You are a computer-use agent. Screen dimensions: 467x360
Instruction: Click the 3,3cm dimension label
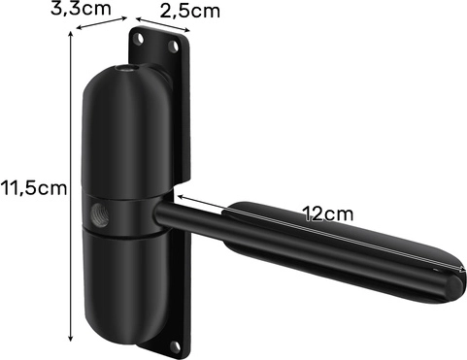coord(81,8)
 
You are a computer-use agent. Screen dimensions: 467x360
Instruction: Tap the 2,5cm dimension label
coord(190,12)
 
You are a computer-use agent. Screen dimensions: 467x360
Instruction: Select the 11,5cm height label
coord(34,188)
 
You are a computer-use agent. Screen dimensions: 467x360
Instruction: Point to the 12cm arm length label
coord(328,213)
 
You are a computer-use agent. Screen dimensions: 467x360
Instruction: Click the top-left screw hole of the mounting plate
coord(140,39)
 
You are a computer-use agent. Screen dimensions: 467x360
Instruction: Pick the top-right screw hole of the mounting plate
coord(174,47)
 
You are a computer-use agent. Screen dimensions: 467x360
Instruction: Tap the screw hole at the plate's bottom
coord(176,347)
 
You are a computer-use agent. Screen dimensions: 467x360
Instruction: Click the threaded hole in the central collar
coord(100,215)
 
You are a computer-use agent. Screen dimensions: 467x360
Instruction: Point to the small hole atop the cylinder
coord(126,69)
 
